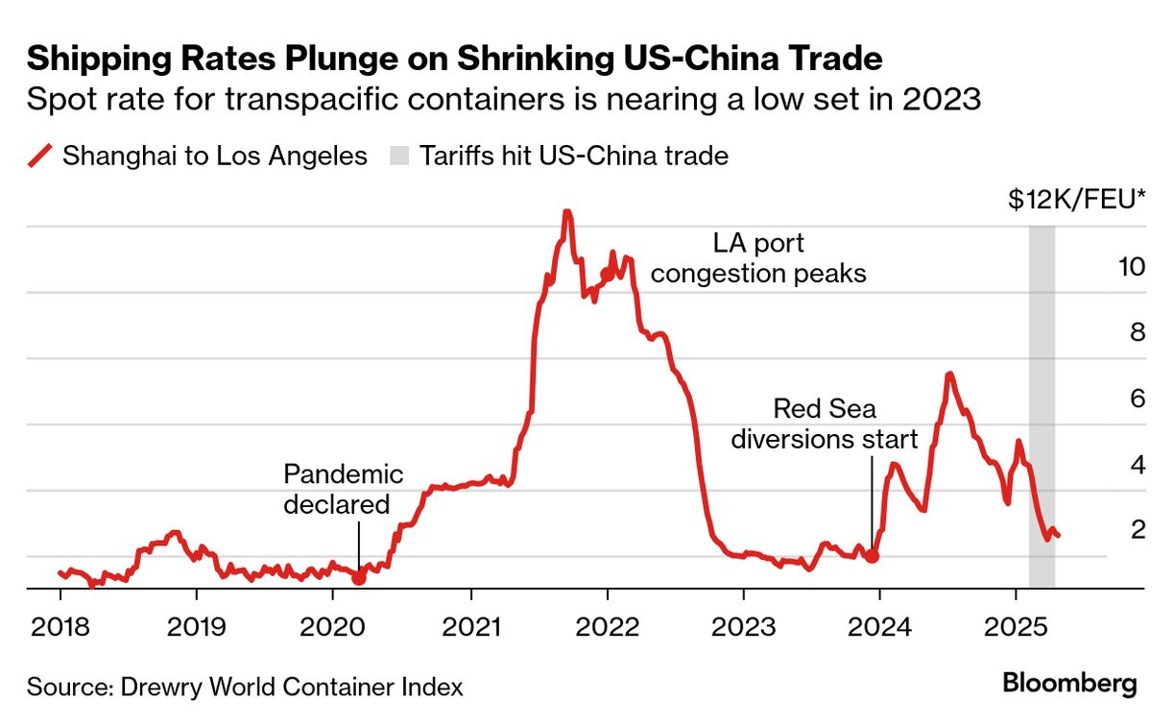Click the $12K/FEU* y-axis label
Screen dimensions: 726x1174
point(1077,201)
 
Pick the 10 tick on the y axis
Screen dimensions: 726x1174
point(1132,266)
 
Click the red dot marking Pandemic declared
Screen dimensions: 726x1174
point(359,578)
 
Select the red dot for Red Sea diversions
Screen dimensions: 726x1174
point(872,556)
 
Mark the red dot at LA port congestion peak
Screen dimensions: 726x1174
point(607,275)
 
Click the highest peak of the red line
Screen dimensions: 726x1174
point(567,213)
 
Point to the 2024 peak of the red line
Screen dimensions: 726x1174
point(948,375)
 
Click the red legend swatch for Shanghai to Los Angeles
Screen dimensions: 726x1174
point(39,156)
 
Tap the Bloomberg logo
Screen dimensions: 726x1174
point(1069,684)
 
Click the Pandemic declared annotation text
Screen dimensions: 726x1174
point(343,489)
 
